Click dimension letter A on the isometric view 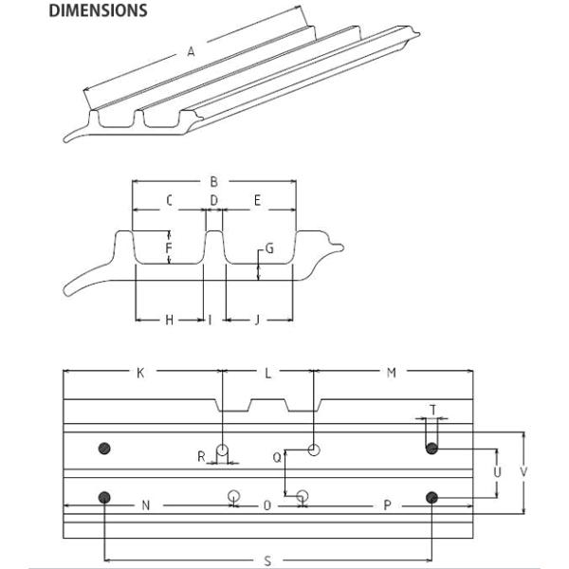coord(191,53)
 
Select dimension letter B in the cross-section coord(214,180)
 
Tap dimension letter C coord(169,200)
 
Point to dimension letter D coord(214,200)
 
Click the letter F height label coord(168,250)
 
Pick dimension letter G coord(270,249)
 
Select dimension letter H coord(169,321)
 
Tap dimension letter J coord(257,321)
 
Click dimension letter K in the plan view coord(140,374)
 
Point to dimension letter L coord(267,374)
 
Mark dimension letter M coord(391,374)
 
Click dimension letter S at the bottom coord(267,560)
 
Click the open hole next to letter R coord(222,449)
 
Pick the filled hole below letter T coord(431,449)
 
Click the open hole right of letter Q coord(315,449)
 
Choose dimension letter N coord(145,505)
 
